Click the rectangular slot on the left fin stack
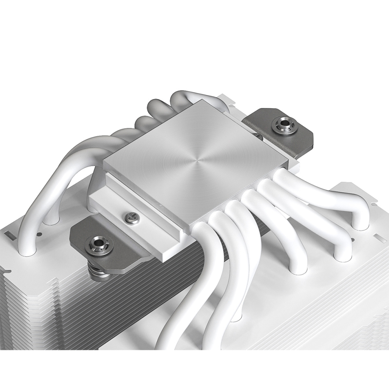point(9,235)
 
